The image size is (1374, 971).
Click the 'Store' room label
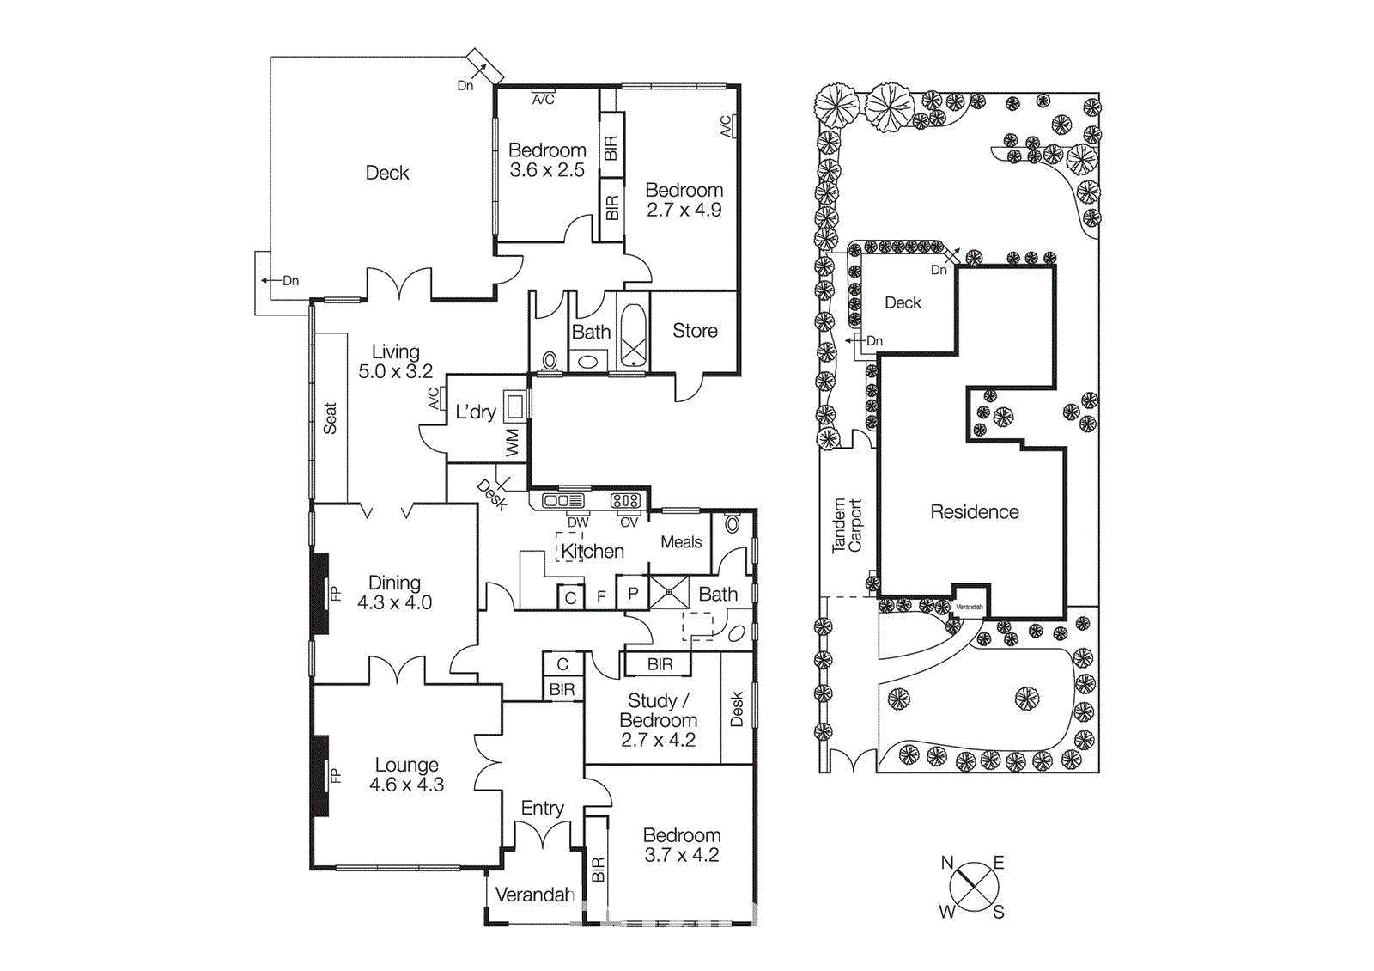tap(695, 331)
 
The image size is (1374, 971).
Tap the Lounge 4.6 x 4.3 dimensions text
tap(407, 785)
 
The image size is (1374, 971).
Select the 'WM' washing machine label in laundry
tap(513, 443)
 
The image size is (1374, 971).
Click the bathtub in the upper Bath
tap(634, 337)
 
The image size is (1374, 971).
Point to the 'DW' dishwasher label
tap(578, 522)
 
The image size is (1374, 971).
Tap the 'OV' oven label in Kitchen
tap(629, 522)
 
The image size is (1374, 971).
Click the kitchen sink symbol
tap(562, 500)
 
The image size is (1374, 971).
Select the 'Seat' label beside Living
tap(330, 418)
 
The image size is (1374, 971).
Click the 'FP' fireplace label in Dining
tap(336, 593)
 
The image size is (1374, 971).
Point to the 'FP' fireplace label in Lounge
tap(336, 776)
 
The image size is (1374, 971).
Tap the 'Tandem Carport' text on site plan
tap(847, 525)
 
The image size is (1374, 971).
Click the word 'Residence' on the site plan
tap(975, 512)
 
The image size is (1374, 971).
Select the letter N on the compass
tap(947, 863)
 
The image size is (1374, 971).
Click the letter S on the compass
tap(999, 913)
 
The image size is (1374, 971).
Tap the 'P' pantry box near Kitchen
tap(633, 593)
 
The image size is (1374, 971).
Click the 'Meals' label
tap(681, 542)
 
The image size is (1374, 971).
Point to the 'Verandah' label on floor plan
tap(534, 895)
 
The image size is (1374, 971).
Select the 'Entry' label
tap(542, 809)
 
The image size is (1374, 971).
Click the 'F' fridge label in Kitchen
tap(601, 596)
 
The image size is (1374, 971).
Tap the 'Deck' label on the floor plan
tap(387, 173)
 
